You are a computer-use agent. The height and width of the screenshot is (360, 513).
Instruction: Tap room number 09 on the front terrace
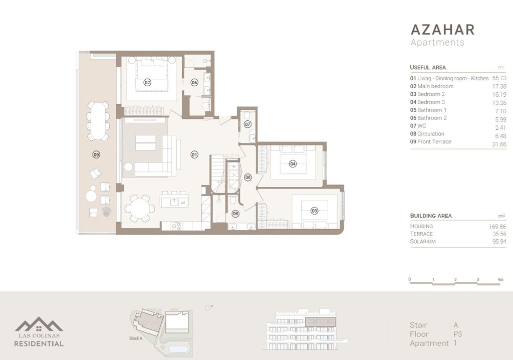point(96,154)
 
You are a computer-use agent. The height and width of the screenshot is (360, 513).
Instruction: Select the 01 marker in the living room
point(194,155)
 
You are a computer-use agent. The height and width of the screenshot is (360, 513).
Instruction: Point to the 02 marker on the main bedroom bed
point(147,82)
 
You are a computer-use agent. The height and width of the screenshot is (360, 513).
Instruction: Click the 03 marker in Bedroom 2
point(314,211)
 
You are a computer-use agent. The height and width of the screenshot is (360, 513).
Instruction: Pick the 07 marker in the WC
point(247,124)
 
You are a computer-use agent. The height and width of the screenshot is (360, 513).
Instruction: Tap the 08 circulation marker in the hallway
point(247,177)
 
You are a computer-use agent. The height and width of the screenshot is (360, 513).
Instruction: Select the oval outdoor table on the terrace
point(97,121)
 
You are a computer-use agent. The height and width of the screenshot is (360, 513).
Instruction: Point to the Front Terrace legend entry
point(430,142)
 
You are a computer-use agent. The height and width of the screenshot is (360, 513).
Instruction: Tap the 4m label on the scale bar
point(500,279)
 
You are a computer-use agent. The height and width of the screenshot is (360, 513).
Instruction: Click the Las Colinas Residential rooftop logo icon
point(39,324)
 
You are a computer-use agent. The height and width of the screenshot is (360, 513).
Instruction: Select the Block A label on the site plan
point(136,338)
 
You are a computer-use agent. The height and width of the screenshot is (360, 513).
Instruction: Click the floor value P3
point(457,334)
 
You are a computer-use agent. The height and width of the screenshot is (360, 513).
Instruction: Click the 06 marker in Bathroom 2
point(235,213)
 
